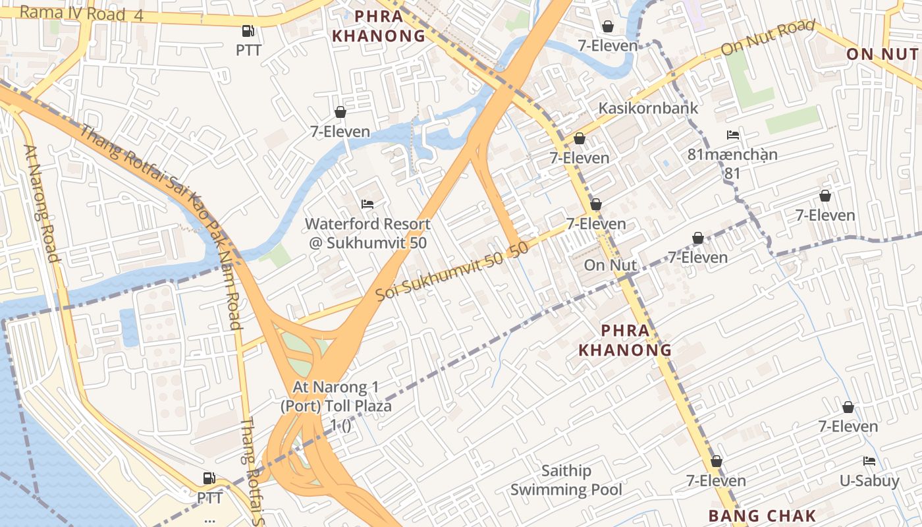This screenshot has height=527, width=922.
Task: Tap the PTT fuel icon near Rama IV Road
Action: (x=248, y=30)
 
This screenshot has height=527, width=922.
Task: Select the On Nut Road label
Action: (x=768, y=38)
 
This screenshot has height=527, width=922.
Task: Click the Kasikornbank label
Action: (x=648, y=108)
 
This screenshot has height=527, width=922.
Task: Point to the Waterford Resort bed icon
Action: (x=367, y=204)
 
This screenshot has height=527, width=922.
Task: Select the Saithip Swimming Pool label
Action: (x=566, y=480)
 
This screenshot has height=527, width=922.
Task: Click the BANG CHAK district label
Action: (x=763, y=516)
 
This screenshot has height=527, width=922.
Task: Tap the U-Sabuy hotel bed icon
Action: (x=869, y=461)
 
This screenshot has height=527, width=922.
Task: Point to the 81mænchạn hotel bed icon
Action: (x=732, y=135)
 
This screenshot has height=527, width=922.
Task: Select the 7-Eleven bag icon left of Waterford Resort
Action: (x=340, y=112)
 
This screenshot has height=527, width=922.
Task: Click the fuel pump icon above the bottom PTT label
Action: (x=209, y=478)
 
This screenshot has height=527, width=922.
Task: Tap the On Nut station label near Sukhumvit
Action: (x=610, y=265)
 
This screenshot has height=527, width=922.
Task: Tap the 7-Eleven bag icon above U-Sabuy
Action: (x=848, y=407)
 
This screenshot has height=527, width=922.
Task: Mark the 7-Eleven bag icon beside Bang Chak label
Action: (x=716, y=461)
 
